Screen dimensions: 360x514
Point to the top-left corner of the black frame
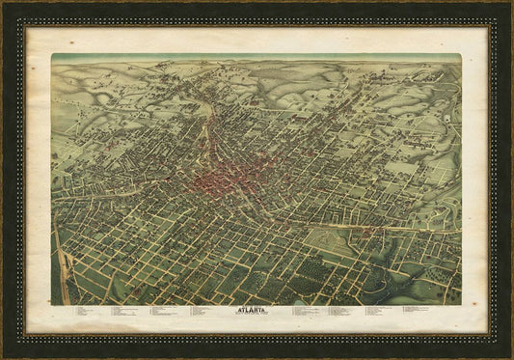click(x=3, y=3)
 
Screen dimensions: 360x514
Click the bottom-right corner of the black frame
click(x=511, y=357)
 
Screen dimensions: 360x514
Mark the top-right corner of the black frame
click(x=511, y=3)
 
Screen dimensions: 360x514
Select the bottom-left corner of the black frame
click(x=3, y=357)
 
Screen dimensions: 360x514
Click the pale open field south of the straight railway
click(x=333, y=241)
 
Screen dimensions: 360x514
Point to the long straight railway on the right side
click(x=386, y=227)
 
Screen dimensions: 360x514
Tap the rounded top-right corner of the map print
click(x=459, y=56)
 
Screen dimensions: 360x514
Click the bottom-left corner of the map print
click(x=53, y=304)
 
